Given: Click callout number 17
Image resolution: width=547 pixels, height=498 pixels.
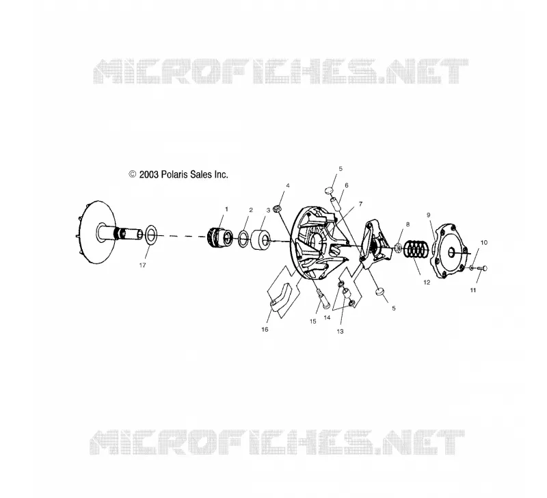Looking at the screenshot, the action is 142,265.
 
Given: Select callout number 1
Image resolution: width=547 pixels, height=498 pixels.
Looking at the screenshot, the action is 226,209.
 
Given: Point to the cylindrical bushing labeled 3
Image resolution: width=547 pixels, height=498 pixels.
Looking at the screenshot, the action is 261,239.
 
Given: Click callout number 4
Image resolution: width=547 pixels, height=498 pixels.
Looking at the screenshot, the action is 288,185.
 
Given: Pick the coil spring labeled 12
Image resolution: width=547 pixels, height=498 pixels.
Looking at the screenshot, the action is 416,249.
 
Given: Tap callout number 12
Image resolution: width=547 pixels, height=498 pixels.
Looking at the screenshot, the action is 427,283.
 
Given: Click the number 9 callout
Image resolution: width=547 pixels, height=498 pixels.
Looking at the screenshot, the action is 429,215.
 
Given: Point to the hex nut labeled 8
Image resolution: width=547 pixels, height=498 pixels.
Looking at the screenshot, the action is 397,248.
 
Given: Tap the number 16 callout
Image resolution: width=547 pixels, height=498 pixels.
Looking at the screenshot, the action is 265,330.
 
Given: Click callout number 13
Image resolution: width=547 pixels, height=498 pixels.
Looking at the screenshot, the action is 340,331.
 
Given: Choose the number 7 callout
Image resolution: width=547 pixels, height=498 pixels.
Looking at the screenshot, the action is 360,204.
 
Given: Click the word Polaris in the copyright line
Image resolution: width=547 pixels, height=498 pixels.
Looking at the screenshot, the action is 175,174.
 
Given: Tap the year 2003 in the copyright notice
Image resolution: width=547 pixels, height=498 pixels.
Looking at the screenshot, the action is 149,174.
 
